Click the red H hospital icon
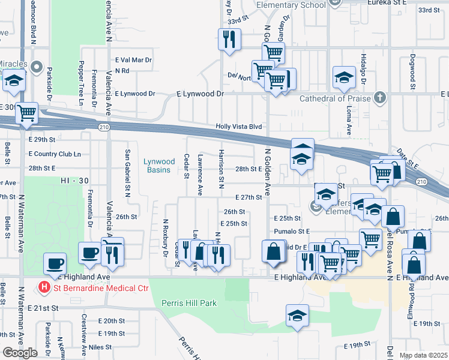click(44, 287)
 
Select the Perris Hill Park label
click(189, 303)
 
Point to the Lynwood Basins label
click(159, 166)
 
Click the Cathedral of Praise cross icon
click(379, 97)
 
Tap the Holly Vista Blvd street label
click(240, 127)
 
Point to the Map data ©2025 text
click(423, 355)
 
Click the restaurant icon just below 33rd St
click(229, 40)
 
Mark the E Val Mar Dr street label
click(134, 61)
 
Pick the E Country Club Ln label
click(54, 154)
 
